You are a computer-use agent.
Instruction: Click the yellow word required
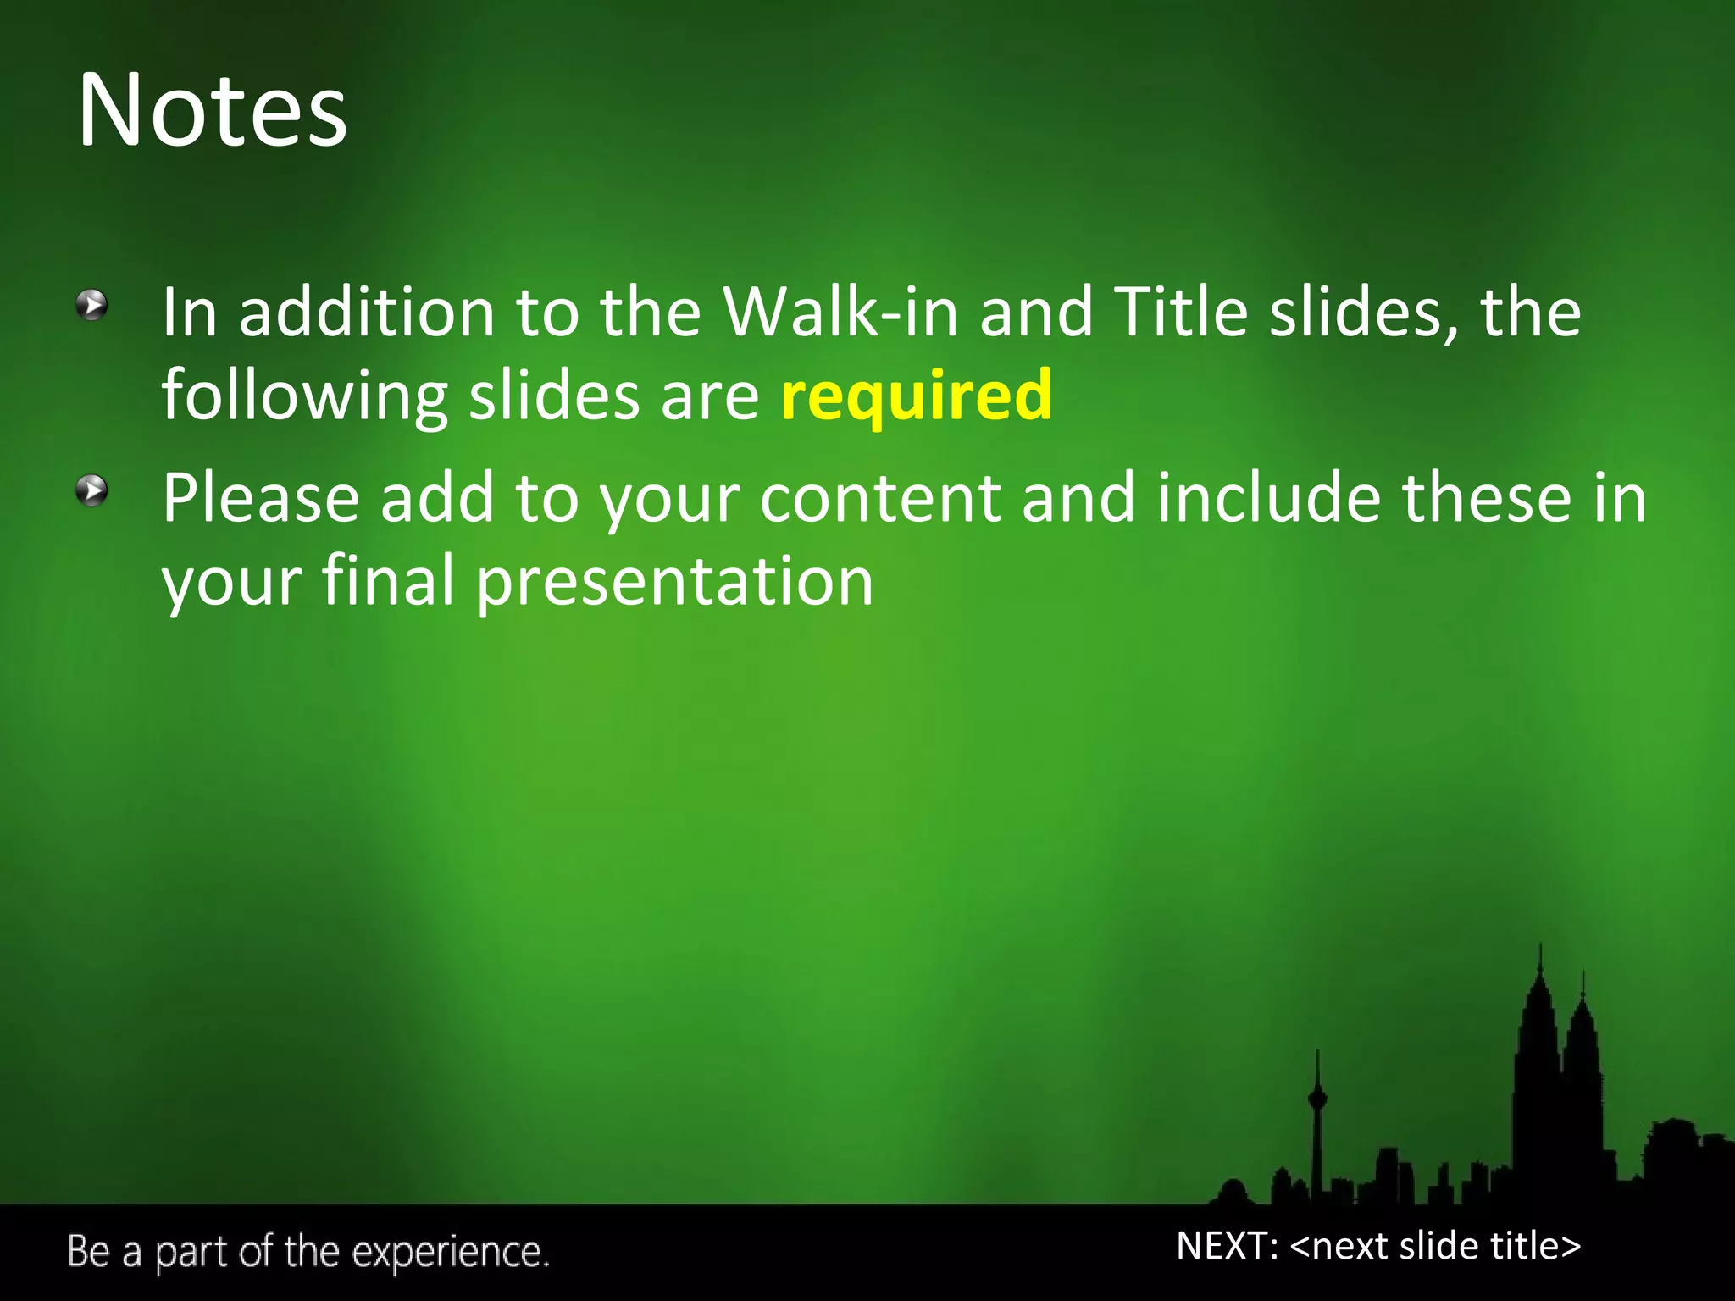coord(916,396)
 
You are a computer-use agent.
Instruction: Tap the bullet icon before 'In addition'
coord(91,305)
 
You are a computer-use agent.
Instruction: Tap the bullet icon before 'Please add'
coord(91,490)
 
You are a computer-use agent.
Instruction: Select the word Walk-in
coord(840,313)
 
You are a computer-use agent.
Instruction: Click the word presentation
coord(674,583)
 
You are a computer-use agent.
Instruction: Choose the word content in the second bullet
coord(880,499)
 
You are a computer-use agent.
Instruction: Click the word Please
coord(260,499)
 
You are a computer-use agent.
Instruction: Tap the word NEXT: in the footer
coord(1227,1246)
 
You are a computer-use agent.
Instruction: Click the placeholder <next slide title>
coord(1435,1246)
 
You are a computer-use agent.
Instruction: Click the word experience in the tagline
coord(449,1253)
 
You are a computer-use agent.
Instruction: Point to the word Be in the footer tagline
coord(88,1252)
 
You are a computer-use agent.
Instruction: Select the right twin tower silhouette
coord(1581,1084)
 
